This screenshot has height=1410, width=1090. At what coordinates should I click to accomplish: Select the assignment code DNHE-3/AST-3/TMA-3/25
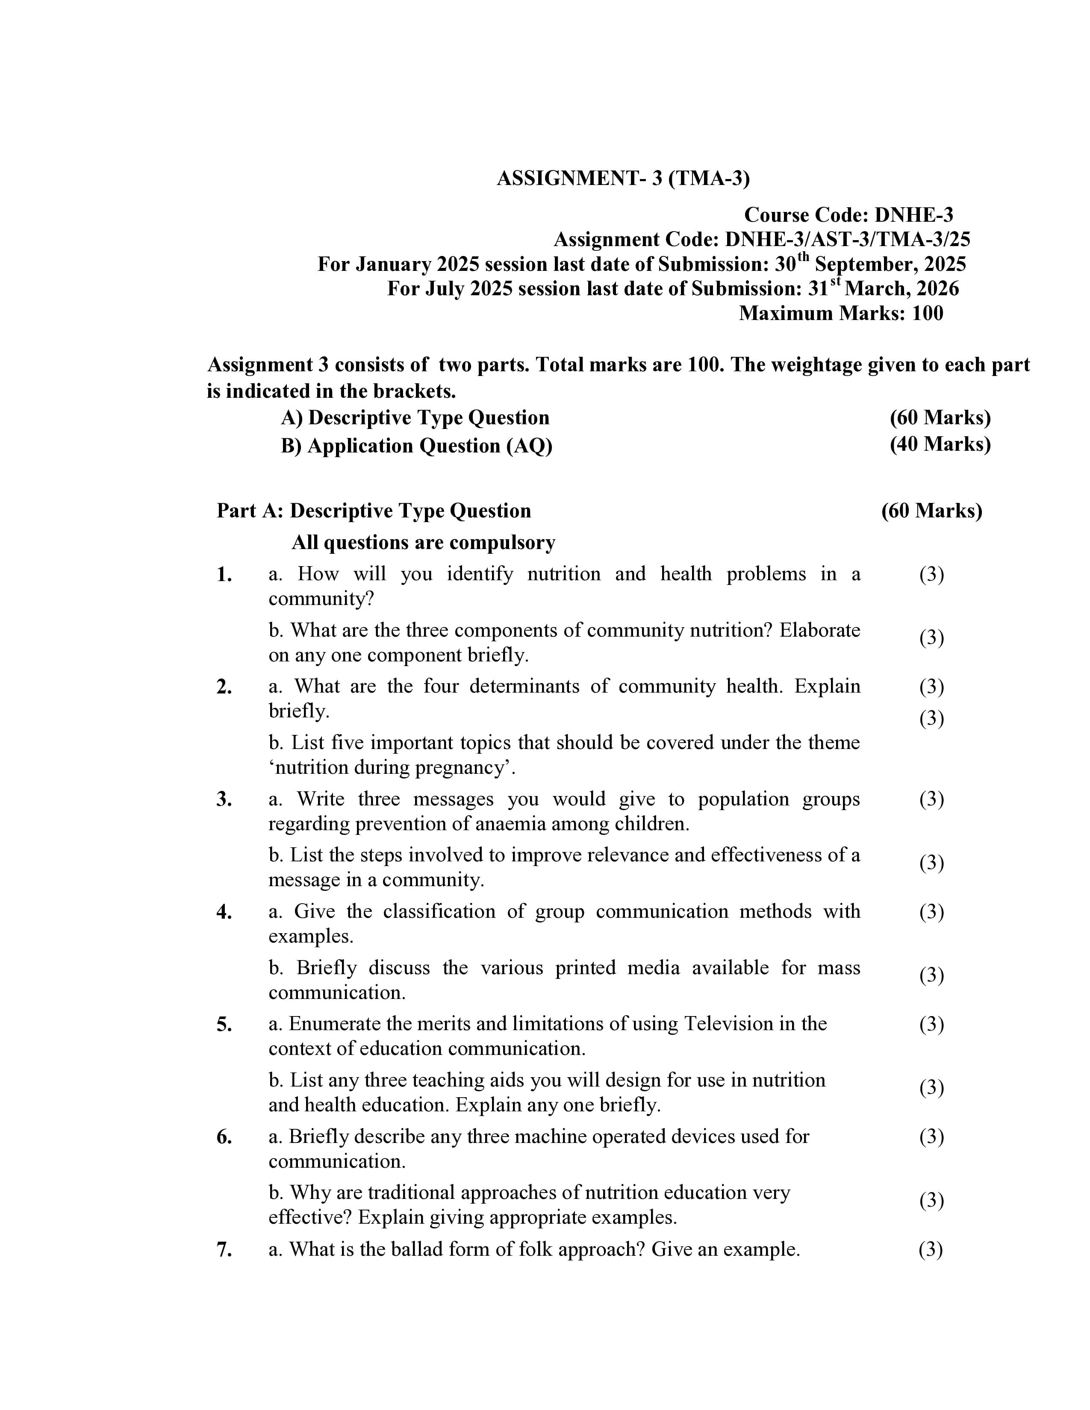point(847,240)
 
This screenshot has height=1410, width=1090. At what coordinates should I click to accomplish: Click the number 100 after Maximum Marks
point(927,313)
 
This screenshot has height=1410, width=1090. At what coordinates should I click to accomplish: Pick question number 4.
point(224,912)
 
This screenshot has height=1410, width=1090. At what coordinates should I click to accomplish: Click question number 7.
point(224,1250)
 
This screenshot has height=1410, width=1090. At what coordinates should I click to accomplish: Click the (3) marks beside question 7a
point(931,1249)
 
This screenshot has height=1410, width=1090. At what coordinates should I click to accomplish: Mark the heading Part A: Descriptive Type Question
point(374,511)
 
